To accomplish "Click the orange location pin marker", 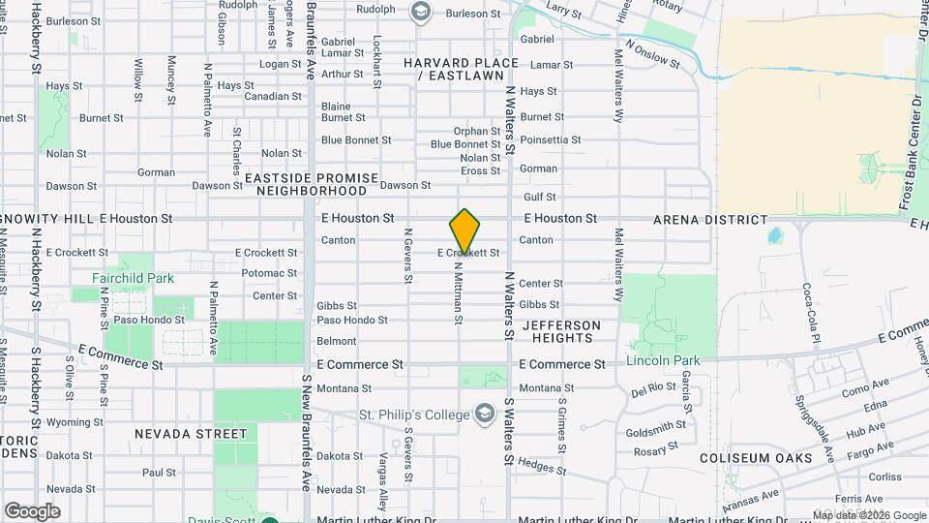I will [464, 231].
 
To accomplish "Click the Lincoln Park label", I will [663, 360].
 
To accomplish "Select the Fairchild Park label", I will [133, 278].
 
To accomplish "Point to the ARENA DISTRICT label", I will [710, 220].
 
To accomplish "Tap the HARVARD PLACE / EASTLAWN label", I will [461, 69].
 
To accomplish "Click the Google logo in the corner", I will [32, 510].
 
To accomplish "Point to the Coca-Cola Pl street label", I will [810, 314].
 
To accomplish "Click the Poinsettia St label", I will [550, 139].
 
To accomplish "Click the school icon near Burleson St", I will [420, 12].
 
